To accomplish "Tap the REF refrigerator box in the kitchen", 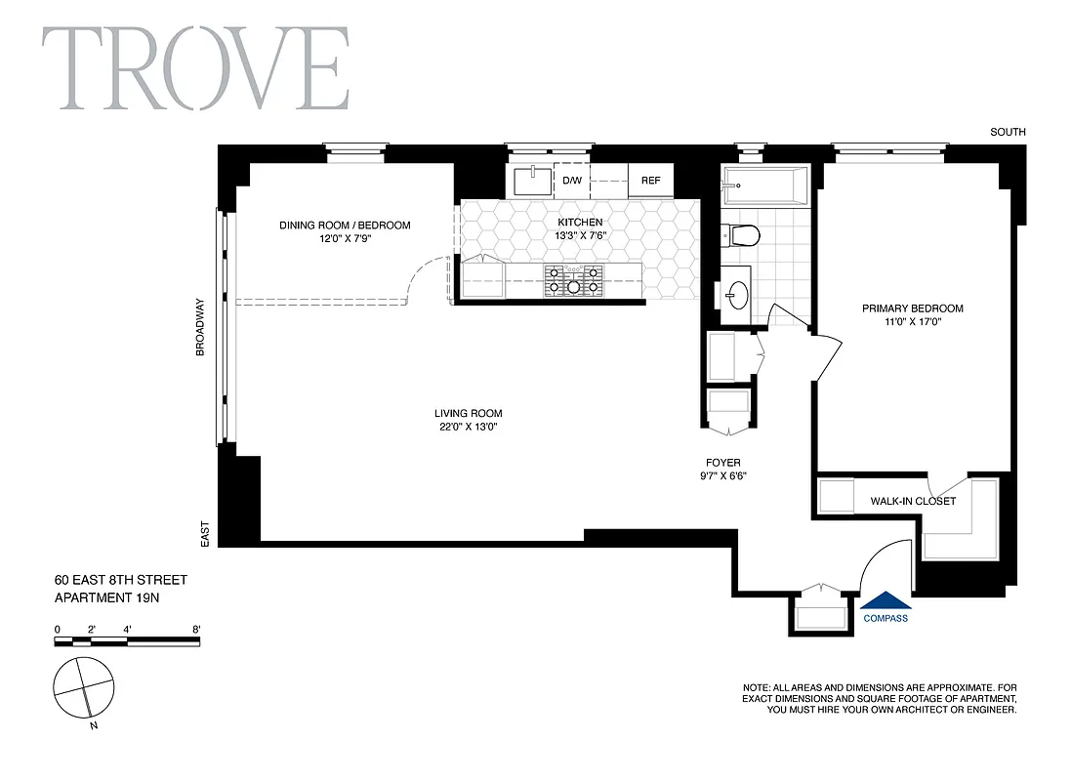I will pyautogui.click(x=650, y=181).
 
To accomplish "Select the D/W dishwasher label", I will pyautogui.click(x=572, y=181).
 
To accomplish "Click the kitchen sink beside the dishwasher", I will pyautogui.click(x=532, y=181).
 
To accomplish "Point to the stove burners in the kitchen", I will pyautogui.click(x=574, y=280).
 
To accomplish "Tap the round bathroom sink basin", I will pyautogui.click(x=737, y=292).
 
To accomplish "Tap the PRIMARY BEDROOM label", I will pyautogui.click(x=912, y=308).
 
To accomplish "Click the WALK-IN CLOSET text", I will pyautogui.click(x=913, y=502).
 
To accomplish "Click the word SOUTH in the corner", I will pyautogui.click(x=1008, y=133).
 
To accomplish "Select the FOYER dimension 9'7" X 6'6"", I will pyautogui.click(x=723, y=476).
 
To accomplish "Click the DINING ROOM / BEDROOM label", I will pyautogui.click(x=345, y=226).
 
